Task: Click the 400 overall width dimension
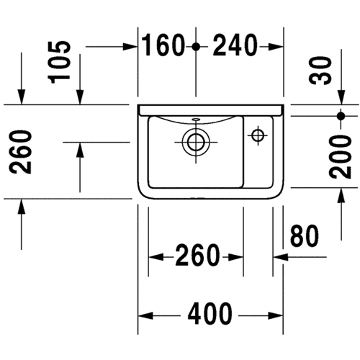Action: (210, 313)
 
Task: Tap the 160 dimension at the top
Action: (163, 45)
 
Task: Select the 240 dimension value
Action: (235, 45)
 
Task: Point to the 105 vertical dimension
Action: (59, 62)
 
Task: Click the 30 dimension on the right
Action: (320, 71)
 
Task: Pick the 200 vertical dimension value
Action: (340, 157)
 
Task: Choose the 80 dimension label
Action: (305, 236)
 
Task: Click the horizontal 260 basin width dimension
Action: (197, 255)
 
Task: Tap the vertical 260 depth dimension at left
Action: (20, 152)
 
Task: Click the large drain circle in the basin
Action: (196, 143)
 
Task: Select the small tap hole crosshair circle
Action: (258, 135)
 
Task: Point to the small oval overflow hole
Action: (196, 119)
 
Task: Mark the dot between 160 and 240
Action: (196, 47)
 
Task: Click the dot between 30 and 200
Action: (341, 116)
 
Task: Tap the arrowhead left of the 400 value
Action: (146, 315)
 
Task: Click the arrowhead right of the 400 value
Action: (276, 315)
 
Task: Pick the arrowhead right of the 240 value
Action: (276, 47)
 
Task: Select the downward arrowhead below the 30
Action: (341, 97)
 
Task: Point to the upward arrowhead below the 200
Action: (341, 195)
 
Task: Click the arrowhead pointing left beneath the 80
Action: (281, 257)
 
